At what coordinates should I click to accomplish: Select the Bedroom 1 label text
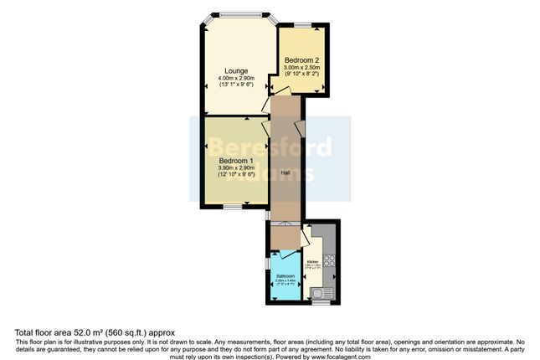(235, 161)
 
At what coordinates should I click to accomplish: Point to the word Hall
(285, 172)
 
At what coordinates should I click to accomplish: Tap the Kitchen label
(312, 262)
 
